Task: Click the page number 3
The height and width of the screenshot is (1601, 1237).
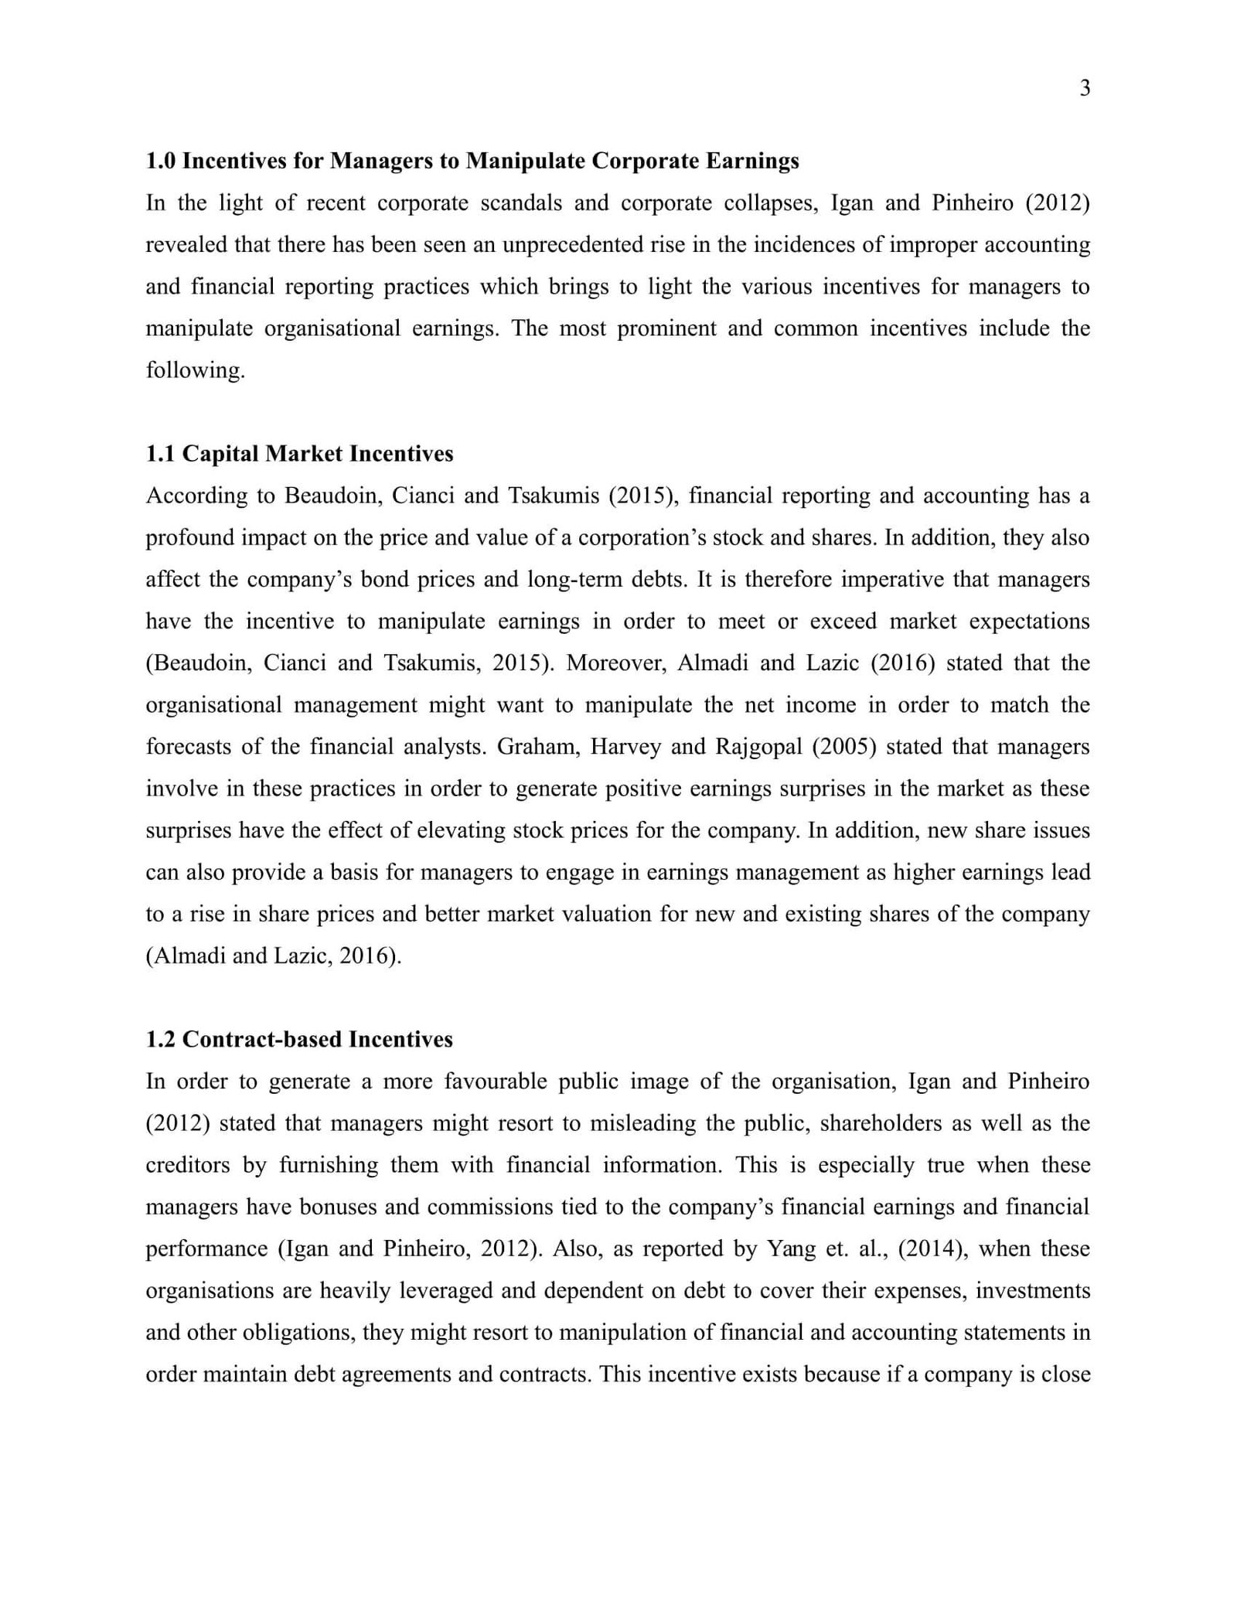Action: click(1084, 89)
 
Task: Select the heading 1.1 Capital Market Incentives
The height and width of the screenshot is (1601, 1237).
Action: click(299, 453)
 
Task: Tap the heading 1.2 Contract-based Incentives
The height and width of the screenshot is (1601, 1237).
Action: click(299, 1039)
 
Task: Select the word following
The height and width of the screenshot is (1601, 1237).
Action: click(195, 370)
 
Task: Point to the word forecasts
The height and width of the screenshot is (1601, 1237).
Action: click(188, 747)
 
